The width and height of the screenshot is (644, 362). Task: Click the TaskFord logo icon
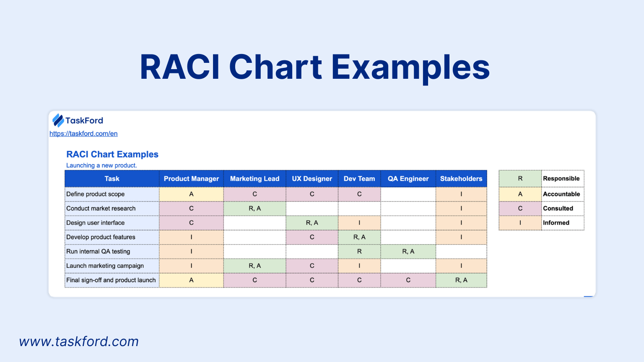pos(58,120)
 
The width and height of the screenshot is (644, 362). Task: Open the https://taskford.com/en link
pos(83,134)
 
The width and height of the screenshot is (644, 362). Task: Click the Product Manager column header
pos(191,179)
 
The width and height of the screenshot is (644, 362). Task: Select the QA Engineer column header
pos(408,179)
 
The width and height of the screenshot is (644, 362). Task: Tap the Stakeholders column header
pos(461,179)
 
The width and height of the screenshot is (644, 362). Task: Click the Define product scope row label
pos(96,194)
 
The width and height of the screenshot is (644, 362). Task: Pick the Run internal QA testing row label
pos(98,251)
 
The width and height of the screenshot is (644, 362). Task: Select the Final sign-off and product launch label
pos(111,280)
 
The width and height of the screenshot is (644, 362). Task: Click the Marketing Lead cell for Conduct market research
pos(255,209)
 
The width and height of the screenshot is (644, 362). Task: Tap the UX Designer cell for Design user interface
pos(312,223)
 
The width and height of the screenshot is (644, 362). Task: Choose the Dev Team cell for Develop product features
pos(359,237)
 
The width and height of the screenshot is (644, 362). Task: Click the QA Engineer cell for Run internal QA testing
pos(408,252)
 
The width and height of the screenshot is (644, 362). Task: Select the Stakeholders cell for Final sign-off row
pos(461,280)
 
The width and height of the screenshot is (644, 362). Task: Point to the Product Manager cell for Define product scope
pos(191,194)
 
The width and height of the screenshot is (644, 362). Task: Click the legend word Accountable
pos(561,194)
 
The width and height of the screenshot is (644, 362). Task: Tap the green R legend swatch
pos(520,178)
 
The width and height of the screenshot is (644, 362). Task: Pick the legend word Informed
pos(556,222)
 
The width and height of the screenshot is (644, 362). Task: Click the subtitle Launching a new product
pos(101,165)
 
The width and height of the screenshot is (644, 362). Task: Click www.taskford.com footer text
pos(79,341)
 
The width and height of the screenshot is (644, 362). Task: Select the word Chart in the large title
pos(275,67)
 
